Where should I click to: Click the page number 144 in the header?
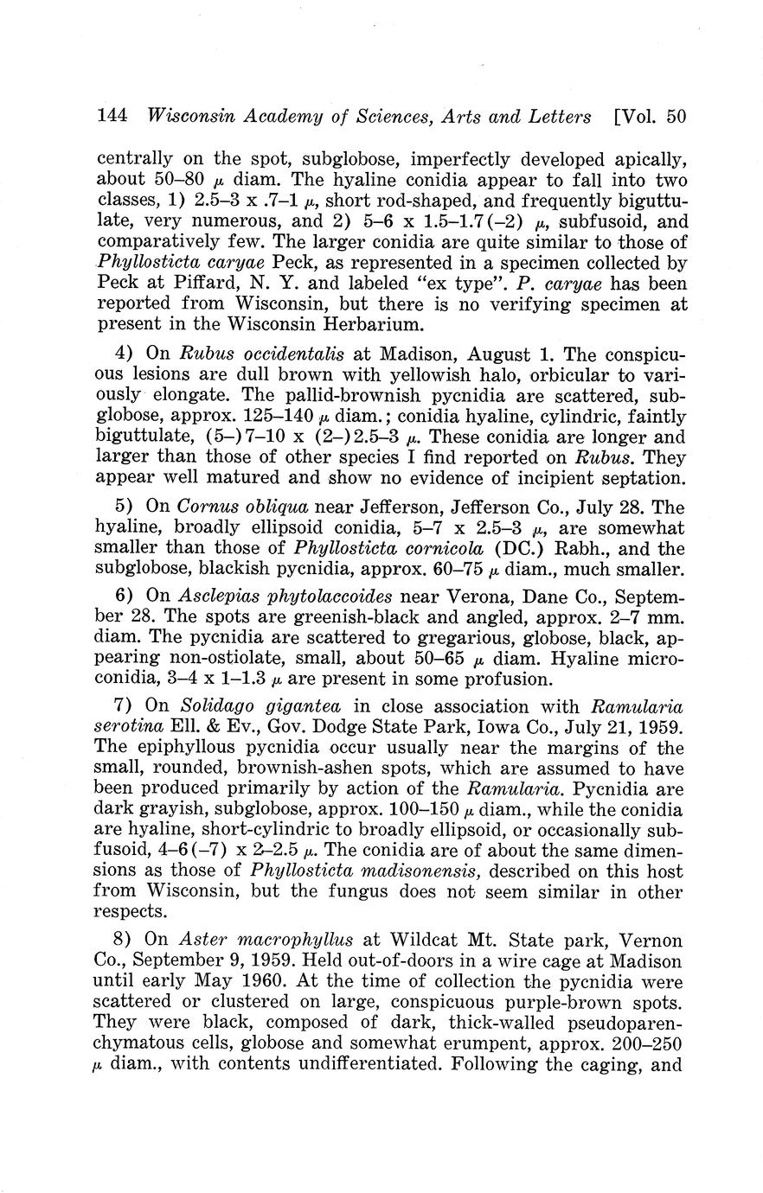(x=113, y=117)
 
